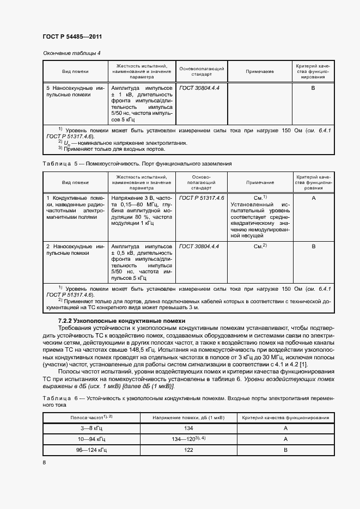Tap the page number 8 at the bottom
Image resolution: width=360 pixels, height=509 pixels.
click(x=44, y=462)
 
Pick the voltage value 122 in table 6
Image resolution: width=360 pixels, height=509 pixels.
click(x=189, y=450)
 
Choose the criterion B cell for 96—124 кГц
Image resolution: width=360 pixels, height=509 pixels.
click(x=285, y=450)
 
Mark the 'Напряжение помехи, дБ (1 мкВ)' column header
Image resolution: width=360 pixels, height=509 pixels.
click(x=188, y=418)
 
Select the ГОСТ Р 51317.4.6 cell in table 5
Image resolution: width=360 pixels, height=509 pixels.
click(x=202, y=198)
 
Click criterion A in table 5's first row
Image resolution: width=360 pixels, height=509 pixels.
click(x=313, y=198)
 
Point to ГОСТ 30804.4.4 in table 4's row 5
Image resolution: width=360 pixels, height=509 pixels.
click(x=199, y=88)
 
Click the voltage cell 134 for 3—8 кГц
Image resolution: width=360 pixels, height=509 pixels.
click(x=189, y=428)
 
